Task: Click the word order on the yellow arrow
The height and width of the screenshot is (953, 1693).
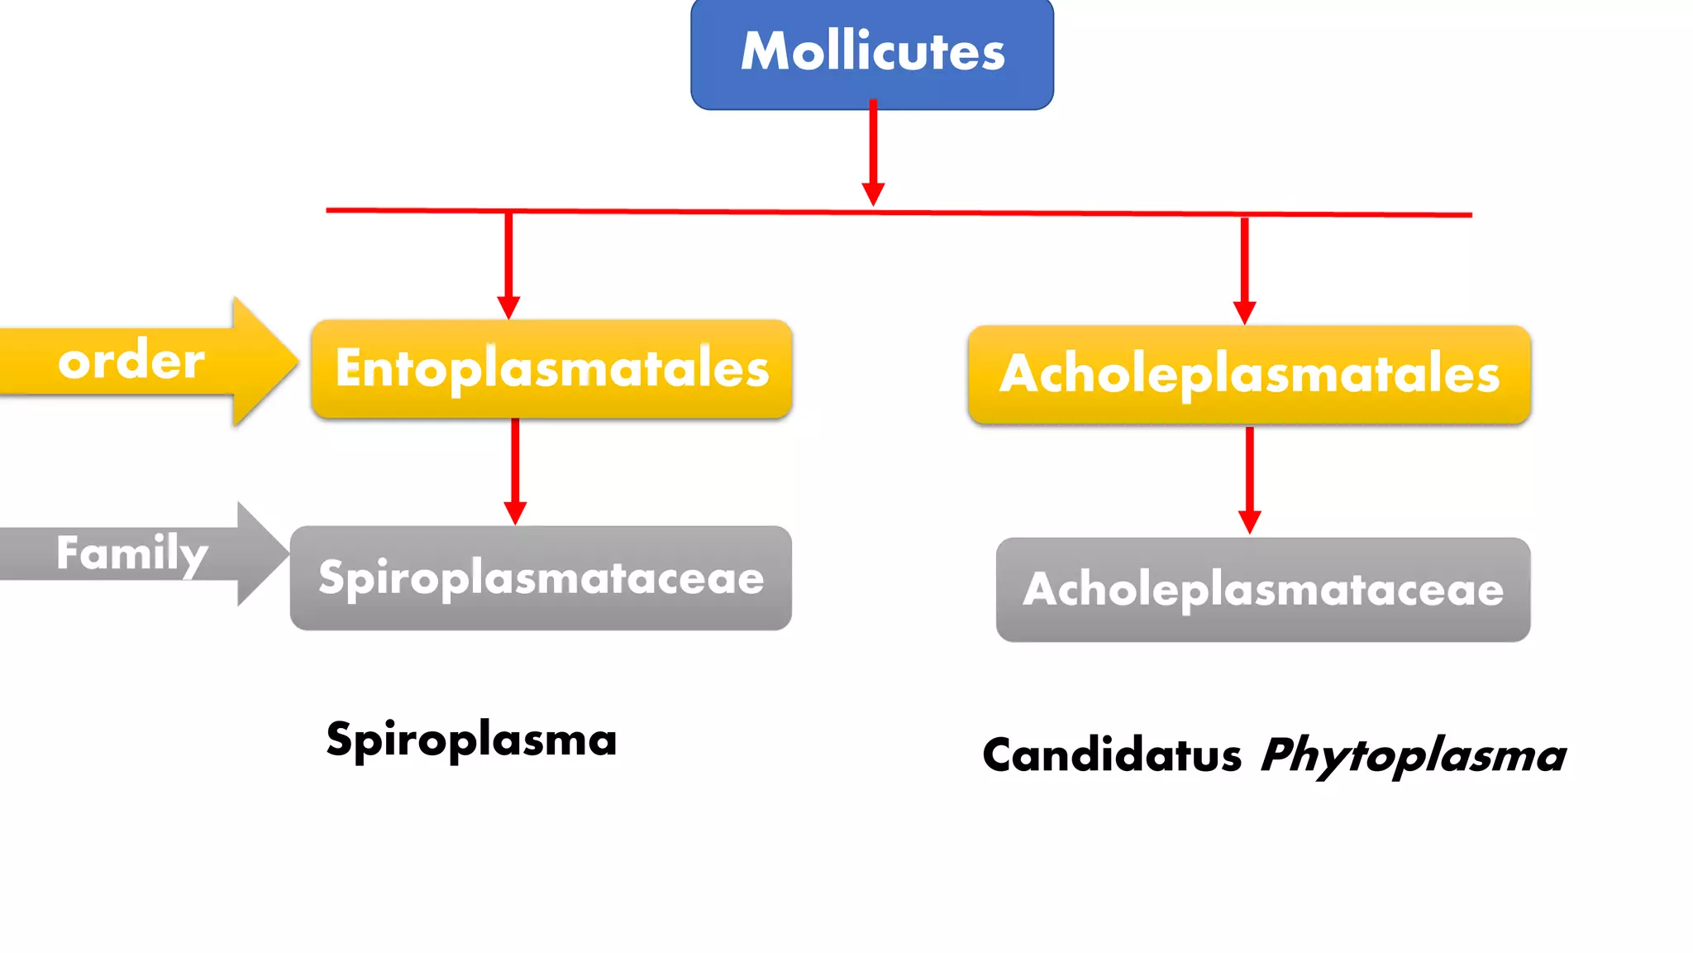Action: click(131, 361)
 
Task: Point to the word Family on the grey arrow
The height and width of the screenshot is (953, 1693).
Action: click(131, 553)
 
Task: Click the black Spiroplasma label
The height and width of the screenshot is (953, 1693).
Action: click(471, 740)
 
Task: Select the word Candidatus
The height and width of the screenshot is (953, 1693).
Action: click(1111, 755)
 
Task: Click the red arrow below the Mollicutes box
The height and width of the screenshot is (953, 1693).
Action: click(873, 153)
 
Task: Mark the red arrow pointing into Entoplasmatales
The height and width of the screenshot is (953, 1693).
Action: click(508, 265)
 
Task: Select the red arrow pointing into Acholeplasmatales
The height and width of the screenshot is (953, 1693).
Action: click(1244, 269)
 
